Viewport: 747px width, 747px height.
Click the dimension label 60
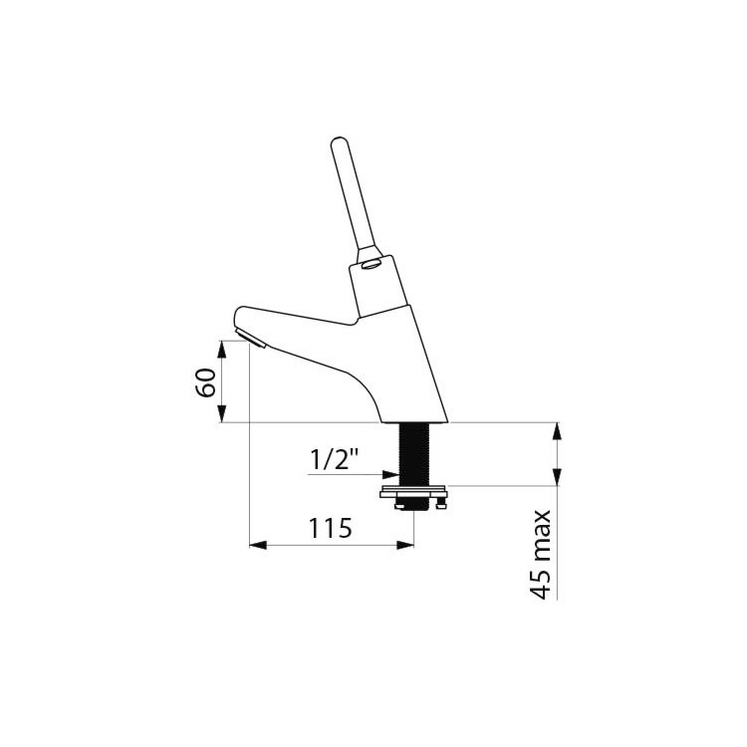[x=206, y=382]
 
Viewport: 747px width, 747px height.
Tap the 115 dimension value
[x=331, y=528]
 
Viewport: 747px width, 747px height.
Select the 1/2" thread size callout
[x=334, y=460]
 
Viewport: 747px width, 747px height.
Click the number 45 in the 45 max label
[x=540, y=584]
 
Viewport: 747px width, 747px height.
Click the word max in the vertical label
[x=542, y=537]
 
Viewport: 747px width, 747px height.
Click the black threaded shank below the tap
[x=414, y=453]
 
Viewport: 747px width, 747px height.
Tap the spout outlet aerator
[x=251, y=339]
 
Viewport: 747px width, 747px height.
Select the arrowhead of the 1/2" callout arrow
[x=391, y=474]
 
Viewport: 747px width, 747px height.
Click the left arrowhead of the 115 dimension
[x=258, y=546]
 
